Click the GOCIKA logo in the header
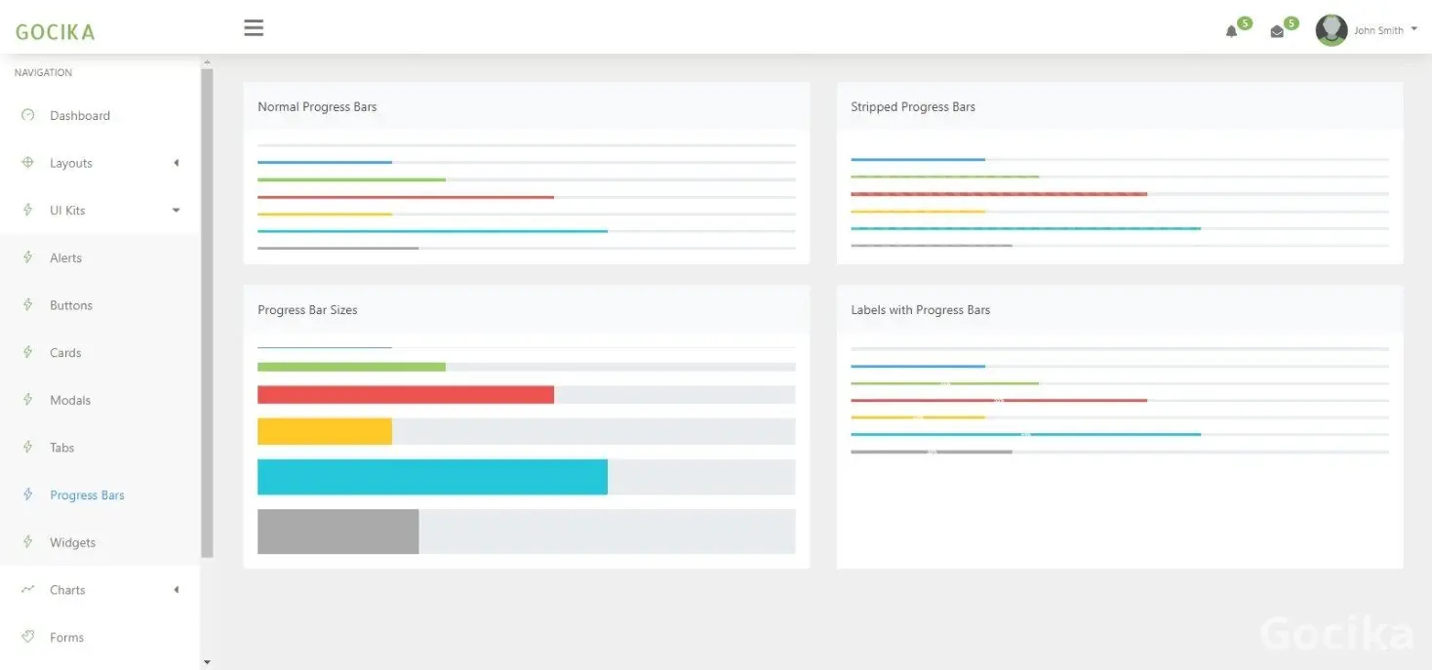(56, 32)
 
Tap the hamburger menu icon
(254, 28)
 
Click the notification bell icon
(1231, 31)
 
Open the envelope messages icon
(1277, 31)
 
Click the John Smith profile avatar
(1332, 30)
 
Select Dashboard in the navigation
(79, 115)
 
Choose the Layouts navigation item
(71, 163)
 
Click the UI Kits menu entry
(67, 211)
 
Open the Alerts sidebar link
(65, 257)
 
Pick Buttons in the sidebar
(71, 305)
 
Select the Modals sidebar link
(70, 400)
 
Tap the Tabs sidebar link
(62, 448)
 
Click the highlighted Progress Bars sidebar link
(87, 495)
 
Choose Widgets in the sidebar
(73, 542)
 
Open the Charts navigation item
(67, 590)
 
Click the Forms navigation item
(66, 638)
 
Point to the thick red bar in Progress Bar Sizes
(405, 395)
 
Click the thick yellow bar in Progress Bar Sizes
(324, 432)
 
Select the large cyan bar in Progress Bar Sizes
(432, 477)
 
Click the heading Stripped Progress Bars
(912, 107)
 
